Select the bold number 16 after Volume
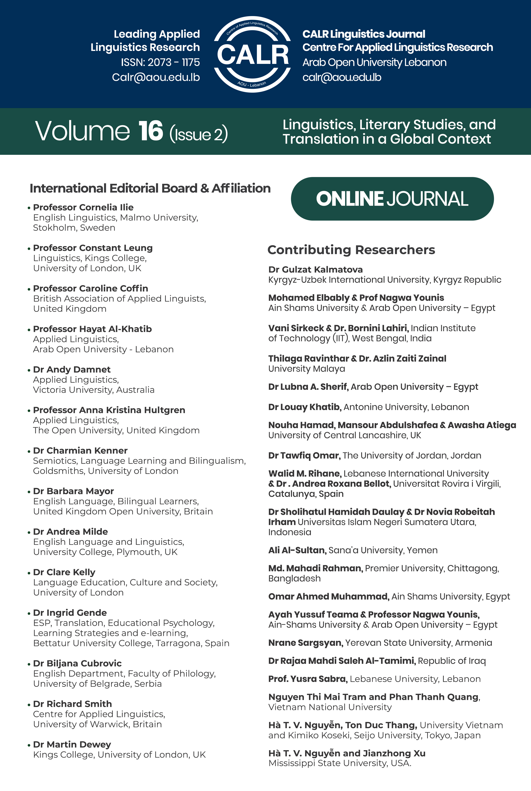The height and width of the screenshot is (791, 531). tap(151, 131)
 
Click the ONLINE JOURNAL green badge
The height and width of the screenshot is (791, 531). tap(392, 199)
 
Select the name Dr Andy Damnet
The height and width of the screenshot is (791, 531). tap(72, 369)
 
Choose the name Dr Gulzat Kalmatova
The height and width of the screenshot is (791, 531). tap(315, 269)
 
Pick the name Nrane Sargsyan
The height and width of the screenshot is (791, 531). tap(305, 643)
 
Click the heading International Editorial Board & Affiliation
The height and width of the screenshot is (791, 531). tap(150, 188)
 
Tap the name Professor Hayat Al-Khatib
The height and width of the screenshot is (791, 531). tap(92, 329)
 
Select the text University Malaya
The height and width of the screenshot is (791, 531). tap(306, 369)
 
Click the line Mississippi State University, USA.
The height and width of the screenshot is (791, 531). tap(340, 763)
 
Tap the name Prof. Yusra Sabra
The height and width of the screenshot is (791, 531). tap(307, 679)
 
